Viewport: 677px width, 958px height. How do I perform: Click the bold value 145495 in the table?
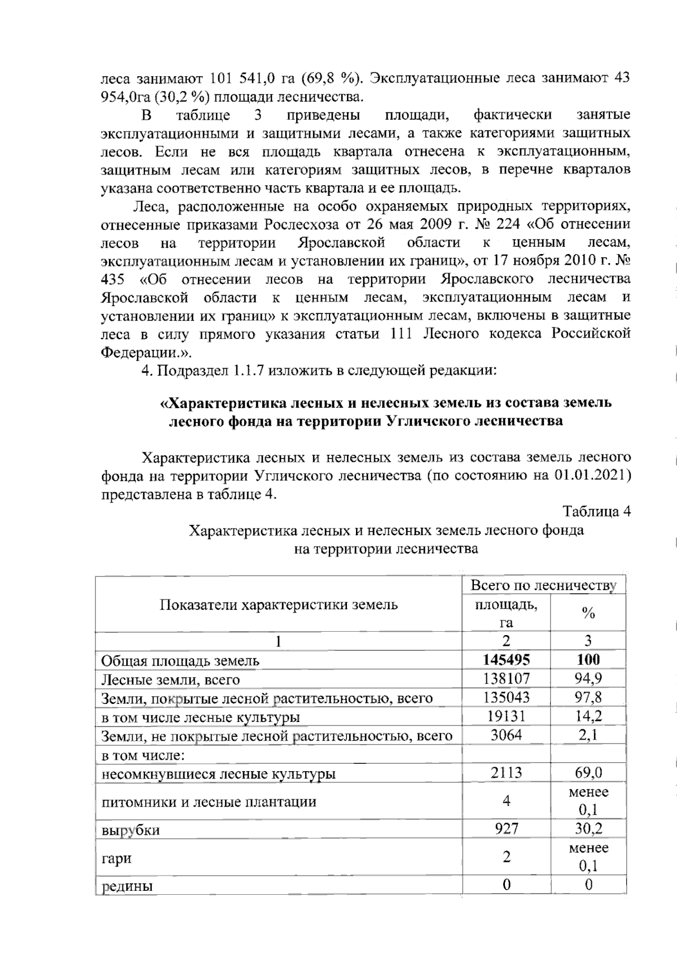[506, 659]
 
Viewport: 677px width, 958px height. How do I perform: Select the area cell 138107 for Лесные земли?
[506, 679]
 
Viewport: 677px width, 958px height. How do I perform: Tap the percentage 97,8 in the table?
[588, 697]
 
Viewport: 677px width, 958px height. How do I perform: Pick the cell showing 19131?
[506, 716]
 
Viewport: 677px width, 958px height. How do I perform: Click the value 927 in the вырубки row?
[506, 828]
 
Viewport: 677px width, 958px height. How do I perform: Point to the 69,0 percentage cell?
[588, 772]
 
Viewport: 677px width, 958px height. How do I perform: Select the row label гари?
[116, 858]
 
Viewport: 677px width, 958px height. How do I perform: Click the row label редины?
[127, 886]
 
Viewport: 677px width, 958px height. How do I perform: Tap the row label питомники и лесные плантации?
[208, 802]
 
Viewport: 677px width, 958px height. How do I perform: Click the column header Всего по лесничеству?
[543, 585]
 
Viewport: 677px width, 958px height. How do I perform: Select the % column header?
[588, 614]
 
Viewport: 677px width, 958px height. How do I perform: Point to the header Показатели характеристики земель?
[279, 605]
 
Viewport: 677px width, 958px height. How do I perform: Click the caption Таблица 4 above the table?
[596, 511]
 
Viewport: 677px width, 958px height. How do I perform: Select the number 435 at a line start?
[113, 279]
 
